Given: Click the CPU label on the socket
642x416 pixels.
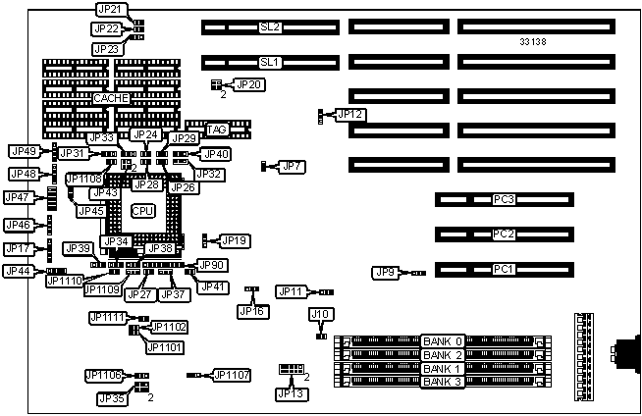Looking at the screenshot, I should click(143, 211).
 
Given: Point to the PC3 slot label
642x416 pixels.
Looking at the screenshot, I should click(505, 200).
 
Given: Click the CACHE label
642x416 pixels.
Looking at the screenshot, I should click(111, 98).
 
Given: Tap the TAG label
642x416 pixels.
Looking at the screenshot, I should click(216, 130).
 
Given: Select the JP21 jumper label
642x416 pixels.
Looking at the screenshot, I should click(111, 9).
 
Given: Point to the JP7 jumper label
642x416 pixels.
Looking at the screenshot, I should click(292, 166).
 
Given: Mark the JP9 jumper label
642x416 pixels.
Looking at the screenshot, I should click(385, 272).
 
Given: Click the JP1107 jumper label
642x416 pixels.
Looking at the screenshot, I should click(232, 374).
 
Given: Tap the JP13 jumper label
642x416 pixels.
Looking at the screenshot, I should click(291, 393).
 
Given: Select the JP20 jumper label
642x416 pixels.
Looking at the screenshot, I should click(250, 85).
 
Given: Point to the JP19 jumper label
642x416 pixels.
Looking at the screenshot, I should click(235, 240).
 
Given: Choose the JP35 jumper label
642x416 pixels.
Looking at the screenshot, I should click(111, 398).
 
